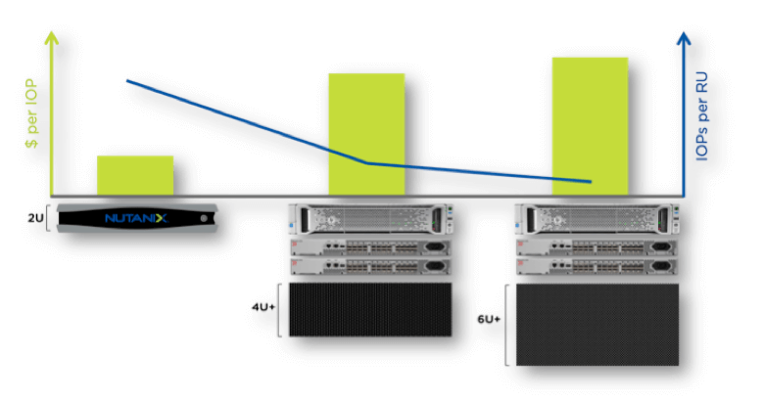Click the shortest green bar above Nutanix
click(135, 175)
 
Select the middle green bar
click(366, 133)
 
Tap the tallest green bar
click(590, 125)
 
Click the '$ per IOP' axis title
click(32, 114)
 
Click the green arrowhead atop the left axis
click(52, 39)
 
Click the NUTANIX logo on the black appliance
click(135, 218)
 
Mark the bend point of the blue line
click(367, 163)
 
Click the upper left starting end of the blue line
click(128, 81)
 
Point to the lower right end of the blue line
click(590, 182)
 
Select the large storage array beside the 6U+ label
click(597, 325)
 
